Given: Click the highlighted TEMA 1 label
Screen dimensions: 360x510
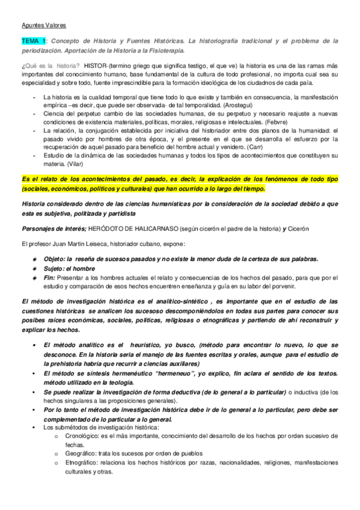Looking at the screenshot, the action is [34, 40].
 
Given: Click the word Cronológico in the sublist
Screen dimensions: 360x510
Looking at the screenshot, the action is [84, 435].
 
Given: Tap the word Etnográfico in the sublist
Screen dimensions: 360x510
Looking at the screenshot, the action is [83, 462].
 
